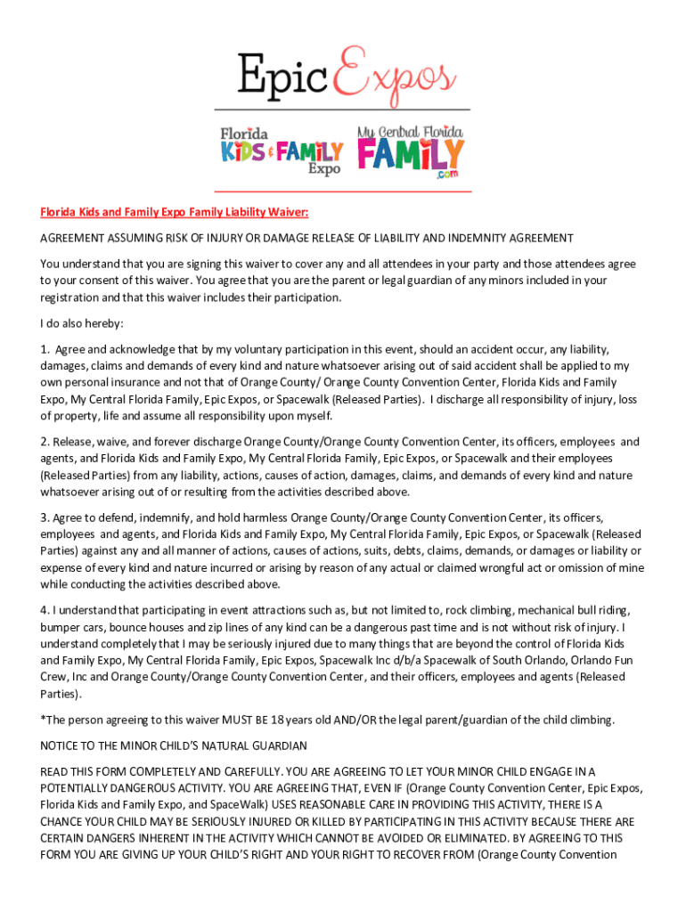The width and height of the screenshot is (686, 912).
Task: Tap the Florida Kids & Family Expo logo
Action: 282,150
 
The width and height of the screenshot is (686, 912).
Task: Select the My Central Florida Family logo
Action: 411,151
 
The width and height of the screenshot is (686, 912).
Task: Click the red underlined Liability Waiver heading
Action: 174,212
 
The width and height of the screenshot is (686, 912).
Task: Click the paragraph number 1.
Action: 44,349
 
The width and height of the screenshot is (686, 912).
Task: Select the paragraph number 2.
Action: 44,442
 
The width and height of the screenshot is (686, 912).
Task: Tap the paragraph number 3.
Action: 44,517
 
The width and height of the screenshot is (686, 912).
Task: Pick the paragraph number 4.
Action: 44,610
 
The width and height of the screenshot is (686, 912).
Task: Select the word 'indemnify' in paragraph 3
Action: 159,517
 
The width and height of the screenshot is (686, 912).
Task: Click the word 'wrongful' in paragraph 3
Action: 495,568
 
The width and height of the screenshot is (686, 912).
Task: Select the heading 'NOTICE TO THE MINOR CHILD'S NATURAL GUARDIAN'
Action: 174,745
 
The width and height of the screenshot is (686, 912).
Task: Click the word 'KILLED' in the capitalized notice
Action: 340,822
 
